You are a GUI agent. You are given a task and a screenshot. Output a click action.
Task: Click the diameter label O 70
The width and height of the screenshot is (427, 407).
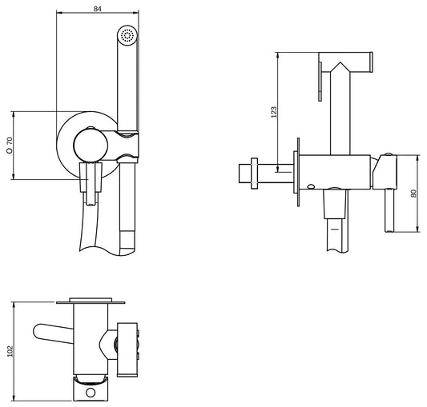[10, 145]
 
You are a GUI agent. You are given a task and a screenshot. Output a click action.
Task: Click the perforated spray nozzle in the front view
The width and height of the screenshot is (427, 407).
[127, 36]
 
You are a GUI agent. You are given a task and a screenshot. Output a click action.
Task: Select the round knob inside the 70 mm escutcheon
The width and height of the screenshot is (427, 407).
[87, 145]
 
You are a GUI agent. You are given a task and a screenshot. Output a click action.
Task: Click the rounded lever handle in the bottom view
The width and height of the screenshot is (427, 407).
[50, 333]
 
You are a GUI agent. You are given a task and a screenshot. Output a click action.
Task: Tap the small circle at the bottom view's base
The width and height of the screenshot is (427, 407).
[92, 393]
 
